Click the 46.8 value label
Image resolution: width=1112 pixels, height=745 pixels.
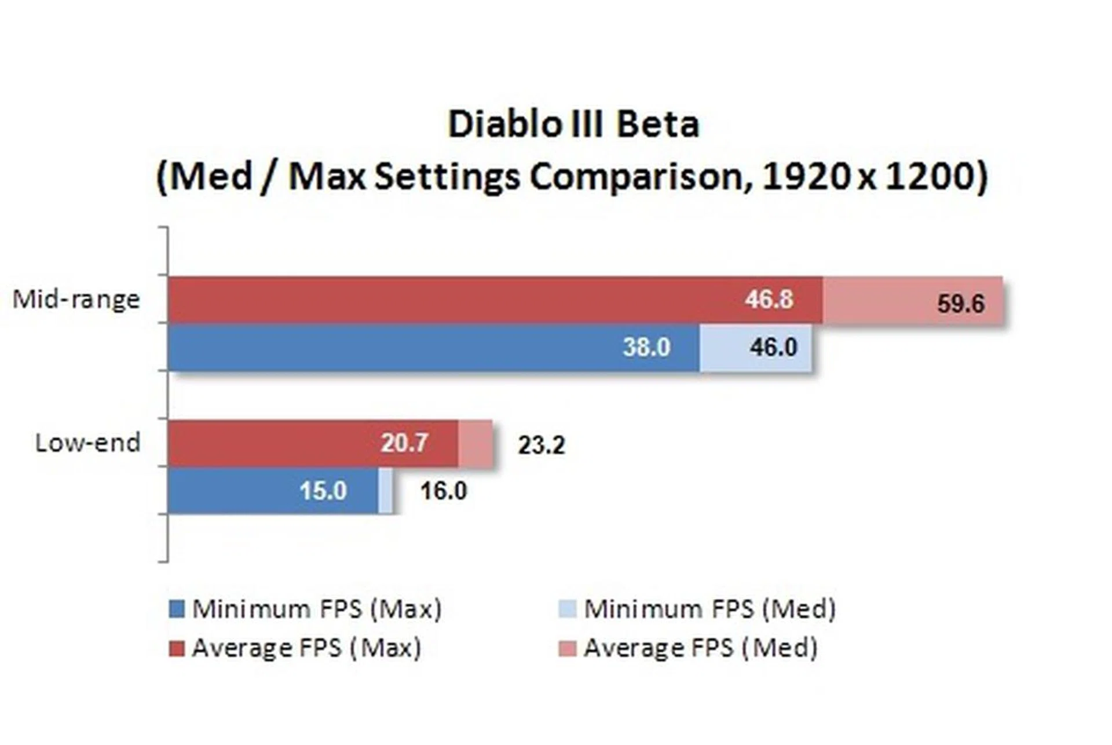[769, 300]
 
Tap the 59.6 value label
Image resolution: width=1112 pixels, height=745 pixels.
[960, 304]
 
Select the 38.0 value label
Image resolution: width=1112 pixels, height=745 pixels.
[646, 347]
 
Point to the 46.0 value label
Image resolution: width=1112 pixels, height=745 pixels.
[773, 347]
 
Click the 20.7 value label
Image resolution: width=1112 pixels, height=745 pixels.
[404, 443]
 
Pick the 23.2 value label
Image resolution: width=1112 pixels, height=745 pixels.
[541, 445]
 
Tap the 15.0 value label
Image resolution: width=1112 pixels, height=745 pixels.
[323, 491]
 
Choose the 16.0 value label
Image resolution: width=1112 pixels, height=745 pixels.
[443, 491]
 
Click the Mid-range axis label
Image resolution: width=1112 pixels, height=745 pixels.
[76, 300]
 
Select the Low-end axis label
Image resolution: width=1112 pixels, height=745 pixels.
[87, 443]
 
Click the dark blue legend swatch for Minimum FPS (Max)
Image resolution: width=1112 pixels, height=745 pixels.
[177, 609]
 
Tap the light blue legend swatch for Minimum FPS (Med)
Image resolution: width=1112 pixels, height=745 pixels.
[568, 609]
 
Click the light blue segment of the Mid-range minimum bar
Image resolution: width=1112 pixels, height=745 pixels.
[724, 347]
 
